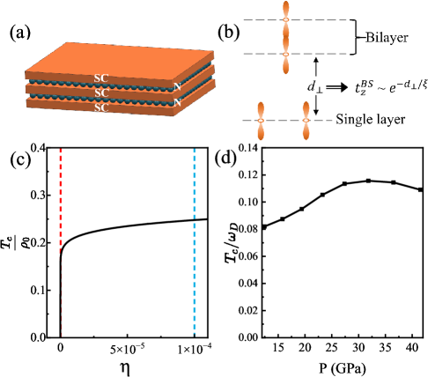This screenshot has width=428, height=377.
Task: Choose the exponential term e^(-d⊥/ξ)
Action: [399, 85]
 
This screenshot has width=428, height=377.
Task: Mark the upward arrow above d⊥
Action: [316, 67]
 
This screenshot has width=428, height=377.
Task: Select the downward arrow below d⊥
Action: [316, 107]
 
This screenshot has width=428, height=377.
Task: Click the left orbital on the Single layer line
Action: [262, 120]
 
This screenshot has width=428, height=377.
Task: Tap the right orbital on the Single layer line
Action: [306, 120]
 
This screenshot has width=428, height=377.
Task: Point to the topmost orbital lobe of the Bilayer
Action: [285, 9]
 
